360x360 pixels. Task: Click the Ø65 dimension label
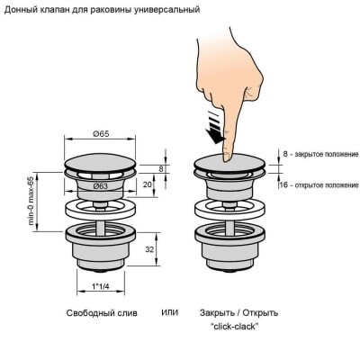tap(101, 133)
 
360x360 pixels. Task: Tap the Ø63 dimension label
tap(100, 186)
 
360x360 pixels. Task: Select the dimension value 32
tap(149, 249)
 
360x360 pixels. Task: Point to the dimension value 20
tap(147, 184)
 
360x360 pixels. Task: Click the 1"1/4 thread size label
tap(101, 286)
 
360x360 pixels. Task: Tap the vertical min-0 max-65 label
tap(31, 201)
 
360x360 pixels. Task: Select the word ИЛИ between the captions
tap(170, 312)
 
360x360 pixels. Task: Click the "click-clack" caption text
tap(234, 326)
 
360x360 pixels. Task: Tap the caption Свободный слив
tap(102, 313)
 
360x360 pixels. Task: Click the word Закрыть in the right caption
tap(217, 313)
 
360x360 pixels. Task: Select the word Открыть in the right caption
tap(260, 313)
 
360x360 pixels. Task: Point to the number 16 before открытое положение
tap(283, 184)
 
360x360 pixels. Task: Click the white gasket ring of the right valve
tap(230, 211)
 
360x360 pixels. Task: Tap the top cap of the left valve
tap(101, 163)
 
